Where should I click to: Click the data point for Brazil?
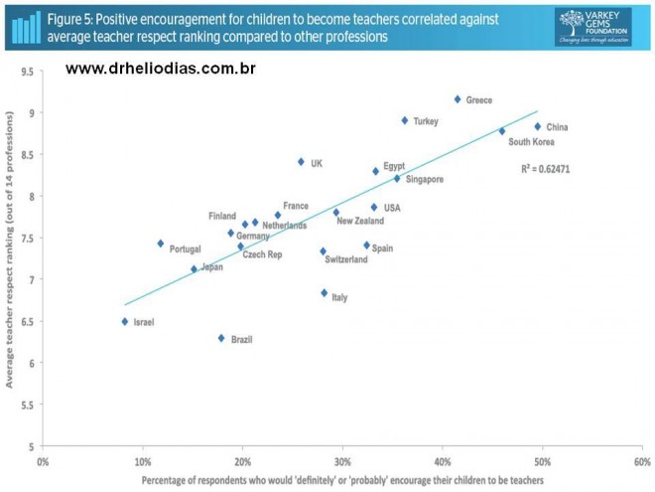click(x=221, y=338)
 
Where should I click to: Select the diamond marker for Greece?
click(x=458, y=99)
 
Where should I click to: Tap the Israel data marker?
click(x=125, y=321)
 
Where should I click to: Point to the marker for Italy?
click(x=325, y=293)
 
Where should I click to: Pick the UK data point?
click(x=301, y=162)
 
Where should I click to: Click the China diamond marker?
click(x=538, y=126)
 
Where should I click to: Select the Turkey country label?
click(x=426, y=121)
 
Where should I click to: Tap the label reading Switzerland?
click(x=346, y=259)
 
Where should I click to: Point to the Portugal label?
click(x=186, y=248)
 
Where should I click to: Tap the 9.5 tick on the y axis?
click(x=26, y=73)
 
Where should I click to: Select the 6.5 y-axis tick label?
click(x=26, y=321)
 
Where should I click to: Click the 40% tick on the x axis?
click(x=443, y=462)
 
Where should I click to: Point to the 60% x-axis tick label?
click(x=642, y=462)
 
